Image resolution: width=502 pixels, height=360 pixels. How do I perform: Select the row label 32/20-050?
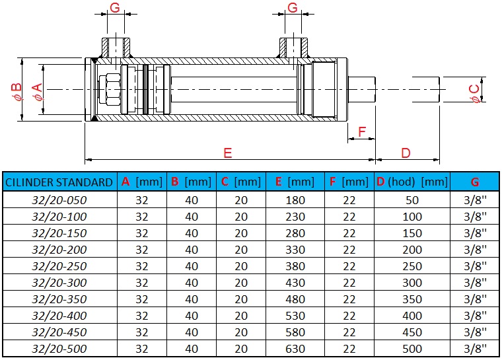(59, 199)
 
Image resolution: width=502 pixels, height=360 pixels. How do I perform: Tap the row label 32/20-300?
(59, 282)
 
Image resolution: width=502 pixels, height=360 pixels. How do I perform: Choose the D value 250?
(412, 266)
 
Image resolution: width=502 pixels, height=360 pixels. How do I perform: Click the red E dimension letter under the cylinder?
(228, 153)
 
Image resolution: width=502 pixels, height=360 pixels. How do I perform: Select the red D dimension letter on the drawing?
(406, 153)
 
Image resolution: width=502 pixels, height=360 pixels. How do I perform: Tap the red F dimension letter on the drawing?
(361, 132)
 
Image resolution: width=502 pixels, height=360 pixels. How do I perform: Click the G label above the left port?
(114, 8)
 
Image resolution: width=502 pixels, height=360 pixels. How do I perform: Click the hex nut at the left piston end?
(108, 89)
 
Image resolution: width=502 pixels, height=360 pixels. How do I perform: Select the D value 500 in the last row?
(412, 348)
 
